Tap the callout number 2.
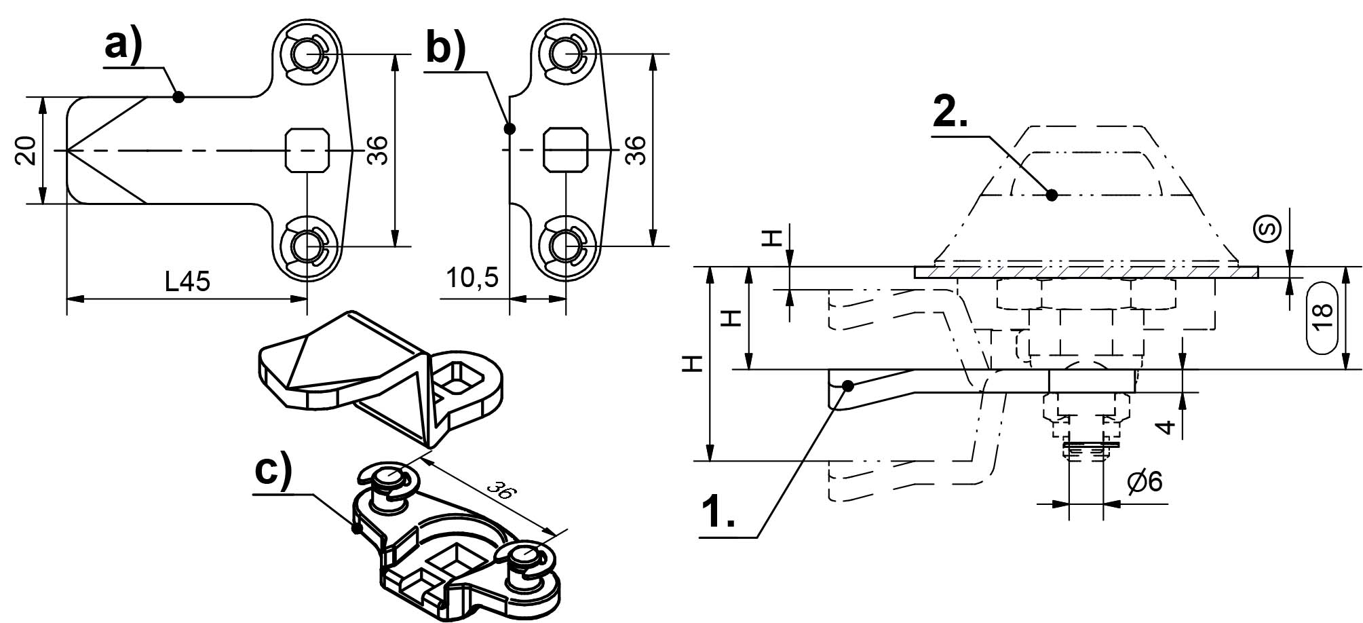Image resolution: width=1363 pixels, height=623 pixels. pyautogui.click(x=950, y=113)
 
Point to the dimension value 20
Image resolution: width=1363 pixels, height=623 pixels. pyautogui.click(x=26, y=151)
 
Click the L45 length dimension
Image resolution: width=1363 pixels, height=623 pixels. pyautogui.click(x=188, y=281)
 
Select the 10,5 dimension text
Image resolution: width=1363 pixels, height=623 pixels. pyautogui.click(x=472, y=278)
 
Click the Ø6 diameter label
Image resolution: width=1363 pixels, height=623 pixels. pyautogui.click(x=1145, y=482)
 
